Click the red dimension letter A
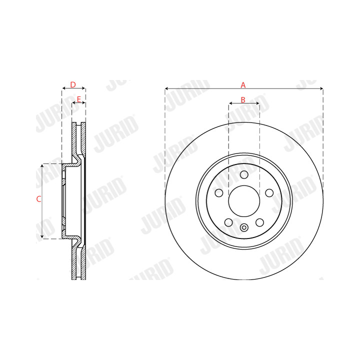point(243,85)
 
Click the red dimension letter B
point(243,100)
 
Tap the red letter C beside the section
point(39,199)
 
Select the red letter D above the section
point(73,84)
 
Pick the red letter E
point(79,99)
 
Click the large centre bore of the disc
point(244,201)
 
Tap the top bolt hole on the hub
point(244,174)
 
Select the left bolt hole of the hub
point(219,193)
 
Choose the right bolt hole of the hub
point(269,193)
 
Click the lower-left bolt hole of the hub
point(228,222)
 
